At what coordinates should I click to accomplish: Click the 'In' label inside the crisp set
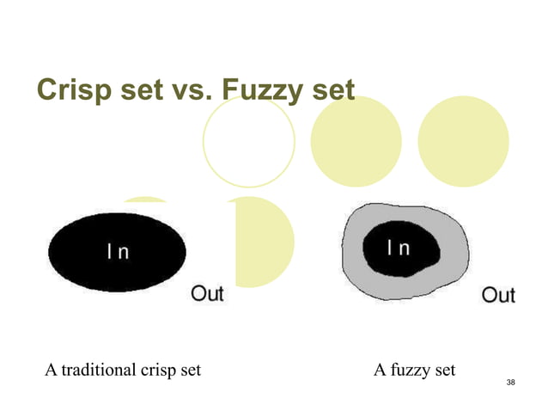(x=117, y=253)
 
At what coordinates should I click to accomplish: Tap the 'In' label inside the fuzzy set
(x=398, y=248)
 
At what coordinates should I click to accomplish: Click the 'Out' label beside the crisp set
(x=207, y=294)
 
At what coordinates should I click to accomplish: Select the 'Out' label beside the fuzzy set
(x=498, y=296)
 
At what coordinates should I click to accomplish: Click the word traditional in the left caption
(x=96, y=371)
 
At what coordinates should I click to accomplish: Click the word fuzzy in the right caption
(x=410, y=371)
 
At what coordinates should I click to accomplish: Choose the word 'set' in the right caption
(x=444, y=371)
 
